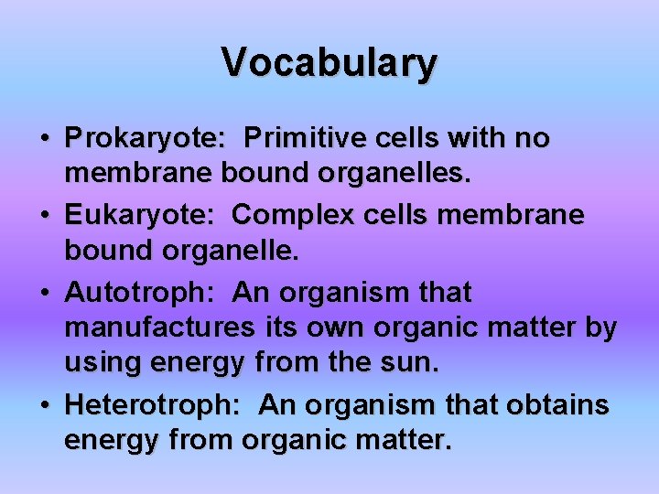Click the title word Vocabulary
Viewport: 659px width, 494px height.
329,62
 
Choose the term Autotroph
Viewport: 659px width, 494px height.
140,293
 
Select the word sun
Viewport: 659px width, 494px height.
411,363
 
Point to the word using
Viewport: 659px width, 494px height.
101,363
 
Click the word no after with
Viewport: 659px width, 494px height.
532,139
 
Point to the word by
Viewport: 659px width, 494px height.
600,327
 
